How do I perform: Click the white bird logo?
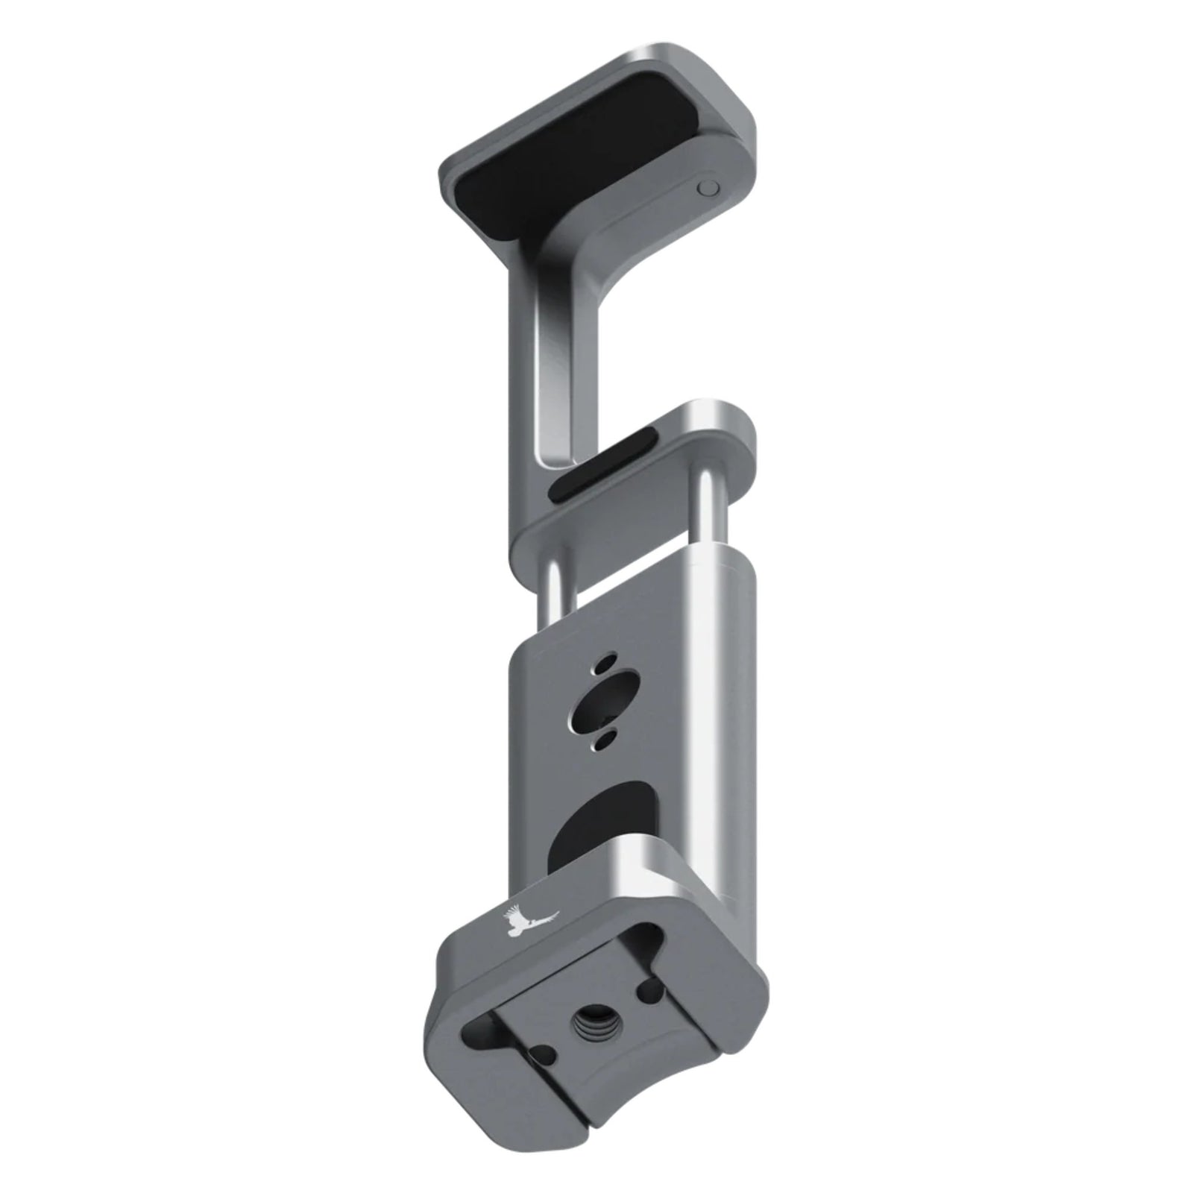pos(531,922)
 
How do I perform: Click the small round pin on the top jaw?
pos(708,189)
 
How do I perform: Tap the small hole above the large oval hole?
pos(607,663)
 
